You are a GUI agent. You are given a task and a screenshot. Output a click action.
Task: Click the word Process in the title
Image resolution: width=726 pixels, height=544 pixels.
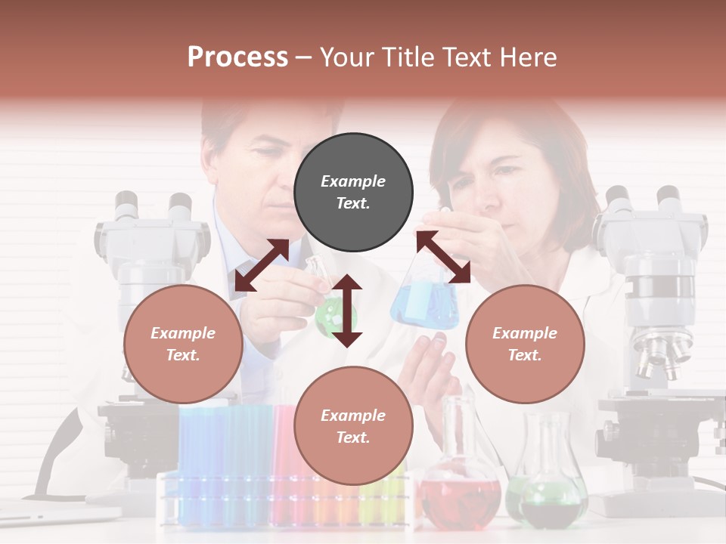237,57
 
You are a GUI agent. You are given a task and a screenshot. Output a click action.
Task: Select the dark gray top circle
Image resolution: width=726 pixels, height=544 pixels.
353,193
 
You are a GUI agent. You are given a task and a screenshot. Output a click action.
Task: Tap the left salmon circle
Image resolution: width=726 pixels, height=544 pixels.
183,344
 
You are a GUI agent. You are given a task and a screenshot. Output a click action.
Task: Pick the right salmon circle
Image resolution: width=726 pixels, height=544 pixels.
525,344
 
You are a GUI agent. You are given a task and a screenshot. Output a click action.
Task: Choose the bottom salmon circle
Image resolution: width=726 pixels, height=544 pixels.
353,426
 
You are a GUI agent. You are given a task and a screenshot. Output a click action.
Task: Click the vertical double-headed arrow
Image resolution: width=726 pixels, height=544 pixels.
347,311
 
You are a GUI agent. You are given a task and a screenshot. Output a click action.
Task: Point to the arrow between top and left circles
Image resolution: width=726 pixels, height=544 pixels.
262,264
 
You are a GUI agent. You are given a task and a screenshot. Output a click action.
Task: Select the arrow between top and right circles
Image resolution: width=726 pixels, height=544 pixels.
443,257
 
